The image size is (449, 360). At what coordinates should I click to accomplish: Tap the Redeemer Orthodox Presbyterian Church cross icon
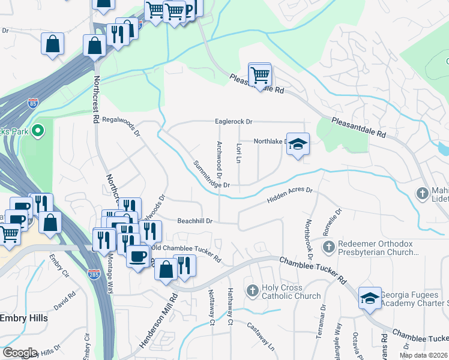(328, 247)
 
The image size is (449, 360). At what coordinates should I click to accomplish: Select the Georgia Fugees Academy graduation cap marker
(370, 298)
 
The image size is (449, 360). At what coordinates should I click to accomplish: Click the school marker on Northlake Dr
(297, 144)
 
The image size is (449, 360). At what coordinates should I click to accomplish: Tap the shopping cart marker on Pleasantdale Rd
(260, 74)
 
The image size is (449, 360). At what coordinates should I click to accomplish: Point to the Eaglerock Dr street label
(234, 121)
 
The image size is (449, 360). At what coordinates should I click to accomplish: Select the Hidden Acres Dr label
(291, 194)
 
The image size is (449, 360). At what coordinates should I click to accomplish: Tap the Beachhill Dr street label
(195, 221)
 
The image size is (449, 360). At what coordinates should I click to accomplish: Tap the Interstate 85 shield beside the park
(32, 104)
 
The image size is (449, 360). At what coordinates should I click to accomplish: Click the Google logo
(20, 353)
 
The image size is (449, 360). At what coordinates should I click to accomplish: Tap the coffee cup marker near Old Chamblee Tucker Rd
(137, 256)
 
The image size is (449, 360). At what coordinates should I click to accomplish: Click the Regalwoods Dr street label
(121, 127)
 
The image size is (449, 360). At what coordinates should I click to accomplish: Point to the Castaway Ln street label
(261, 337)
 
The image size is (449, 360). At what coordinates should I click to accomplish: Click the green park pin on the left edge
(37, 131)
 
